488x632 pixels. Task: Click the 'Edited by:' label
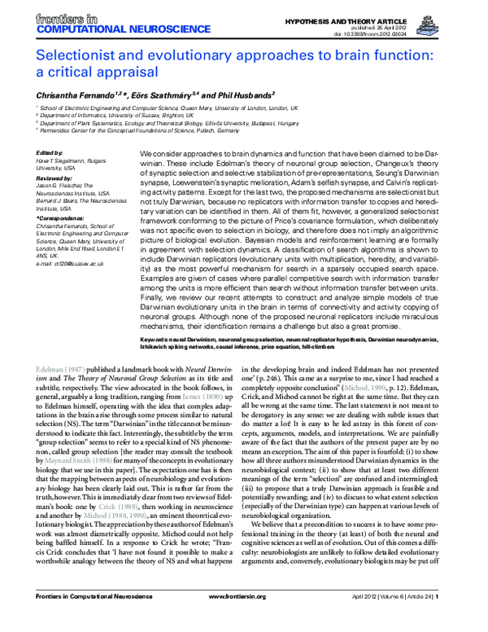tap(50, 153)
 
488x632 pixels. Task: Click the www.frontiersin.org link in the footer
tap(243, 621)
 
